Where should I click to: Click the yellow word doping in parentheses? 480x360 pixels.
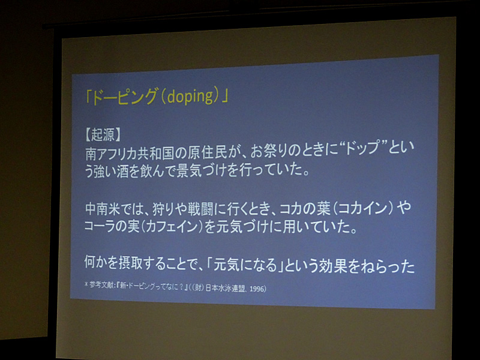click(x=190, y=96)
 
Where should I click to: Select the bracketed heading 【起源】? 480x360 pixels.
click(x=103, y=134)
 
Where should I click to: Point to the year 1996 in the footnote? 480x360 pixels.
click(x=257, y=289)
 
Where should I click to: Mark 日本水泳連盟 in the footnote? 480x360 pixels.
click(x=226, y=288)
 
